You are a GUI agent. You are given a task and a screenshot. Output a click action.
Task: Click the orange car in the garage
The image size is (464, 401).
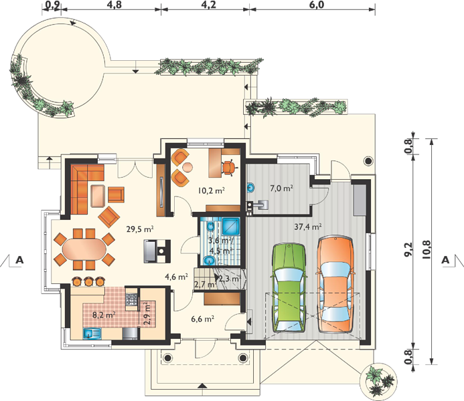(x=335, y=284)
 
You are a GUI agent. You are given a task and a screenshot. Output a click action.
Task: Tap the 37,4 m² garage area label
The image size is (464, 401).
(x=308, y=227)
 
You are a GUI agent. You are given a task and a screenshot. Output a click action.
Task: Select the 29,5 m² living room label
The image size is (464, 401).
(x=140, y=229)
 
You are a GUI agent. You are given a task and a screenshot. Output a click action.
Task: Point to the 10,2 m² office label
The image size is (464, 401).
(x=212, y=190)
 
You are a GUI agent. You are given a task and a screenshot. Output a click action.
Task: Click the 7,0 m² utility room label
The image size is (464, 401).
(x=281, y=188)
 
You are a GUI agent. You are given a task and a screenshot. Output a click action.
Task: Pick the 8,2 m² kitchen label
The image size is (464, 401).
(x=104, y=315)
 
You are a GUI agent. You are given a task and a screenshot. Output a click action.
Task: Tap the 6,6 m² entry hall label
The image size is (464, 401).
(x=203, y=319)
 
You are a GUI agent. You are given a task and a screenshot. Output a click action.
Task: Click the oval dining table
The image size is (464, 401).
(x=84, y=249)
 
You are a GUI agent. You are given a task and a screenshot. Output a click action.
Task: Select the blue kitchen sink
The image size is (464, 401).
(x=92, y=333)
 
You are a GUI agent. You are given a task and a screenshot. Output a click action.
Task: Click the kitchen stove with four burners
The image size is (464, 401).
(x=131, y=299)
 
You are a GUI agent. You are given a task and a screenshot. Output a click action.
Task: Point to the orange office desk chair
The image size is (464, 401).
(x=230, y=168)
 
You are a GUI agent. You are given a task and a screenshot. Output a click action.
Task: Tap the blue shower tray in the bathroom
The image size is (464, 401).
(x=231, y=226)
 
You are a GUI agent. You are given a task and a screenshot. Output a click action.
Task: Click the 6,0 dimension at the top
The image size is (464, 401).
(x=317, y=5)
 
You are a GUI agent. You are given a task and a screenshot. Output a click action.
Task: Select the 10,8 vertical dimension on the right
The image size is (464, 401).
(x=427, y=250)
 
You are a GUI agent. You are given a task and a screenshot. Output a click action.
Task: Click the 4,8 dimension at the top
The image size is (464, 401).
(x=114, y=5)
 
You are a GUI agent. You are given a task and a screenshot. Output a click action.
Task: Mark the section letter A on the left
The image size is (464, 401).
(x=19, y=260)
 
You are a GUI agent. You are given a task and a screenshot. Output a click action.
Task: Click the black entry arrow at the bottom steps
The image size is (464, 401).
(x=202, y=386)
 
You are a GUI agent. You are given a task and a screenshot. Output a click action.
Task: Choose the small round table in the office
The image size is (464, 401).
(x=187, y=168)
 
